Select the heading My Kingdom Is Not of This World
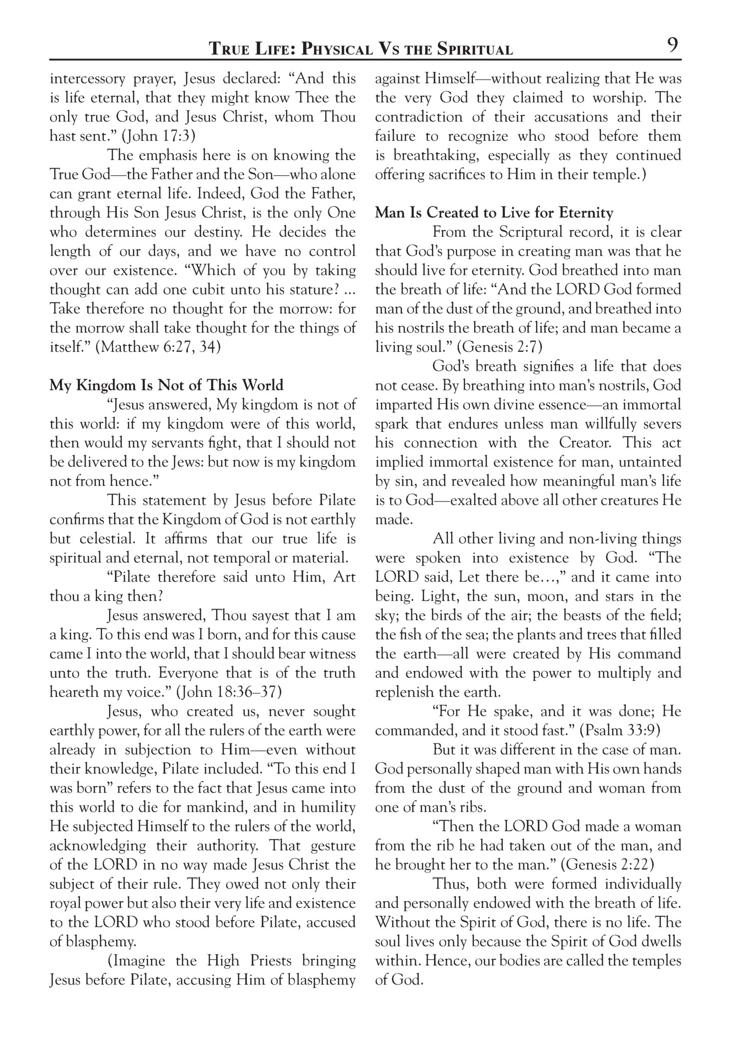(166, 385)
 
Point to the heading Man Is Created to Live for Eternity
(494, 213)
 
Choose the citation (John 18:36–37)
(228, 692)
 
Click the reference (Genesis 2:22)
(608, 865)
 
